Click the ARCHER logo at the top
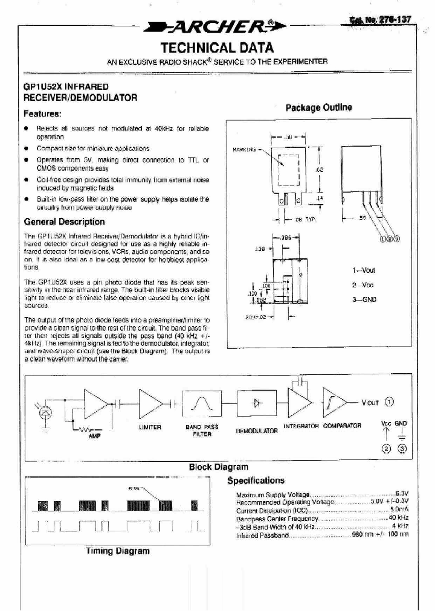click(217, 27)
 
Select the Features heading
click(42, 114)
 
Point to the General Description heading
click(64, 222)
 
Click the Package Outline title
click(318, 107)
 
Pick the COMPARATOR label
click(342, 426)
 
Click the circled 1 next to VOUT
click(389, 404)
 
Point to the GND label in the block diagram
click(401, 424)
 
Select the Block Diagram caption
click(218, 467)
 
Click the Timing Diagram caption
click(117, 551)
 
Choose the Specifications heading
click(255, 481)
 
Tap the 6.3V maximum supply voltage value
click(402, 494)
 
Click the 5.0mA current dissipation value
click(399, 510)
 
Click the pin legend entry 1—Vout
click(363, 270)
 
